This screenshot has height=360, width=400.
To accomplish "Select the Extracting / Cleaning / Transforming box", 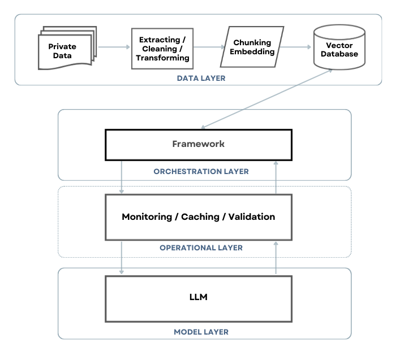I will point(162,49).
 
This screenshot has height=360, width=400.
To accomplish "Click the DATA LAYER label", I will point(201,79).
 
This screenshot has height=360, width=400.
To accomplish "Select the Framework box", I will point(198,144).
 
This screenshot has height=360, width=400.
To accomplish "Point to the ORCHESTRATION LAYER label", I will point(201,171).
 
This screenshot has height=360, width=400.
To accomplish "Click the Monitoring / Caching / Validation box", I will point(198,217).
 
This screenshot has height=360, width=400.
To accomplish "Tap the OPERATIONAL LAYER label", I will point(201,248).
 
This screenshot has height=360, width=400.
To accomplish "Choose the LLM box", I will point(198,297).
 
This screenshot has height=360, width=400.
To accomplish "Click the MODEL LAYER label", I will point(201,332).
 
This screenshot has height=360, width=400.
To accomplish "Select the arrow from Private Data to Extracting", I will point(114,47).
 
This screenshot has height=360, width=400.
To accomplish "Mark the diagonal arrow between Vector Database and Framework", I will point(266,98).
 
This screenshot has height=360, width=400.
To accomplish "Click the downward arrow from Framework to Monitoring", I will point(122,177).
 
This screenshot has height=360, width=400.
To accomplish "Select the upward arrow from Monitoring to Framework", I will point(276,177).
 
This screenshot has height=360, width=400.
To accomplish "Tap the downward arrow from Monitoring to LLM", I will point(122,258).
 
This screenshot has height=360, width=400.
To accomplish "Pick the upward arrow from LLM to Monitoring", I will point(276,258).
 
